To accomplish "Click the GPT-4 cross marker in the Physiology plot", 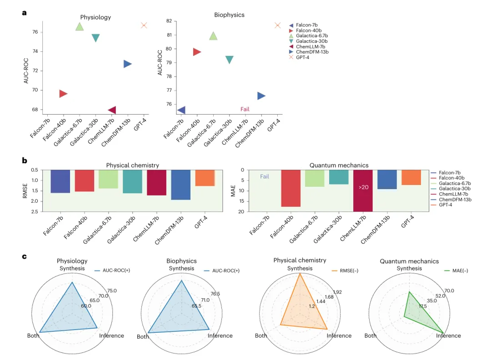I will pyautogui.click(x=144, y=25).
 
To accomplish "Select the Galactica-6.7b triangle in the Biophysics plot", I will pyautogui.click(x=213, y=36).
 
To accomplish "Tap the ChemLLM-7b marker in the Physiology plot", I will pyautogui.click(x=111, y=110).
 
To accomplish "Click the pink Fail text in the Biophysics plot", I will pyautogui.click(x=245, y=109).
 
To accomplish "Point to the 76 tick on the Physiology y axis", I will pyautogui.click(x=35, y=32).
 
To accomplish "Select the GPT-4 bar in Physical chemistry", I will pyautogui.click(x=205, y=178).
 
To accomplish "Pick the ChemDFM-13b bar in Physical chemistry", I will pyautogui.click(x=180, y=185).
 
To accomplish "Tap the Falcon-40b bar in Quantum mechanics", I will pyautogui.click(x=291, y=188).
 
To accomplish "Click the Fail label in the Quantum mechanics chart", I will pyautogui.click(x=266, y=176).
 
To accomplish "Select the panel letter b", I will pyautogui.click(x=25, y=161).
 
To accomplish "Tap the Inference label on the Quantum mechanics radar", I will pyautogui.click(x=449, y=335).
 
